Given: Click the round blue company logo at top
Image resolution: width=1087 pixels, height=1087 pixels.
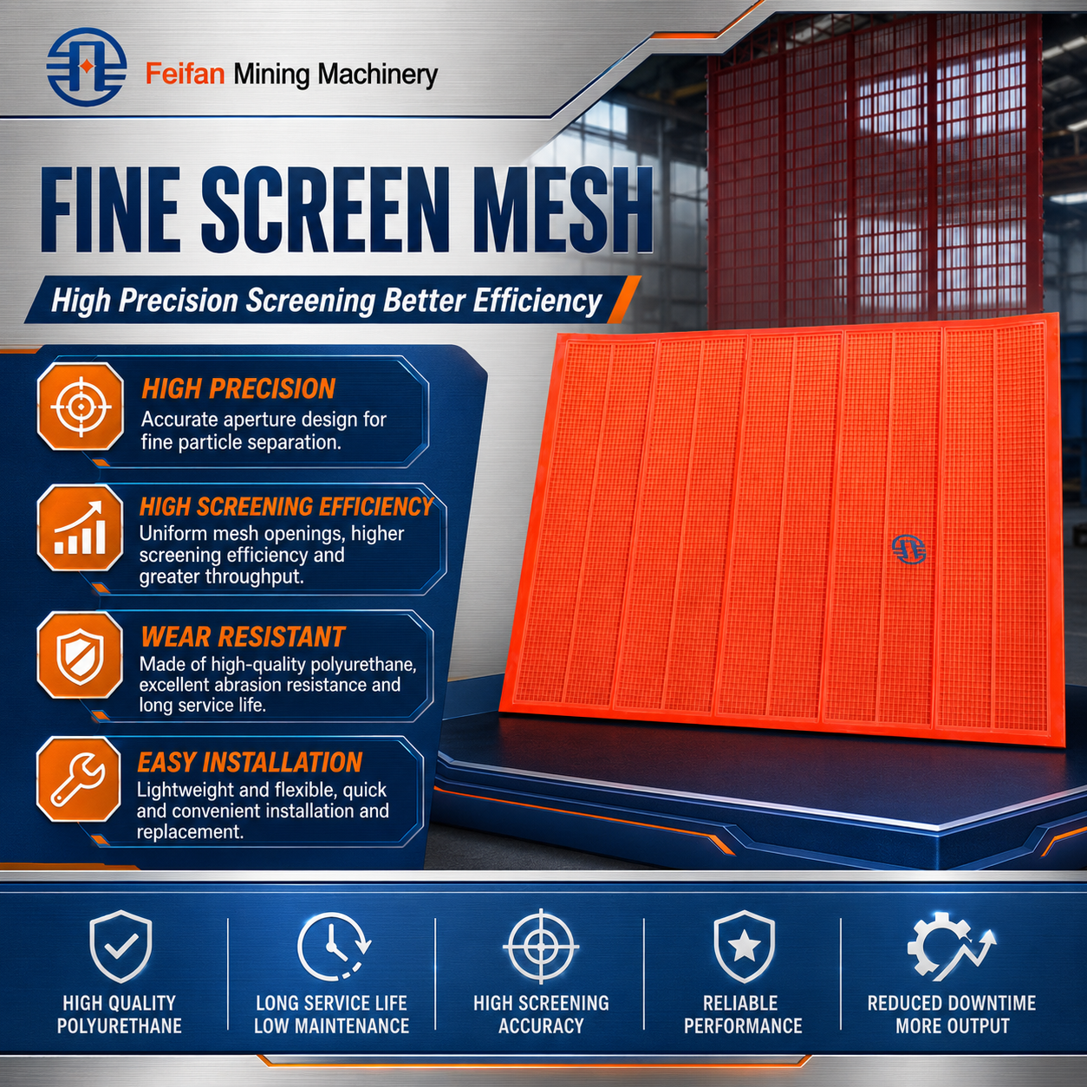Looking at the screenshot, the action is [87, 67].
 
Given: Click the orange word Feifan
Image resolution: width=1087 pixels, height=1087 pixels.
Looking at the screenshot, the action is [185, 74].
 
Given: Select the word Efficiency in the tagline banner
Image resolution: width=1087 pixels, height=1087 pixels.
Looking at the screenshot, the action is [537, 301].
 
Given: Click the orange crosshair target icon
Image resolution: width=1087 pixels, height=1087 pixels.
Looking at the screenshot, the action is [81, 407].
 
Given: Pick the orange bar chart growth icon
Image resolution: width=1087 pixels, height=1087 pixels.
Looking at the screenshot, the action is [80, 528].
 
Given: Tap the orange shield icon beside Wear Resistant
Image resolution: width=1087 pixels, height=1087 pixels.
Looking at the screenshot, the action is [80, 655].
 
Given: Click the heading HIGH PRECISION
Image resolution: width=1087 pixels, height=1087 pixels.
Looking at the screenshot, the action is [238, 388].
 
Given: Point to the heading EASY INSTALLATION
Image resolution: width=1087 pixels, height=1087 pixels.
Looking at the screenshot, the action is [250, 762].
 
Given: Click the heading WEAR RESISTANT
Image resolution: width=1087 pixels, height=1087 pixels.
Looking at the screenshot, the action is [243, 637].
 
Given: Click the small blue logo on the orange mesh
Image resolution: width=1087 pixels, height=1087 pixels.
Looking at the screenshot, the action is [908, 549].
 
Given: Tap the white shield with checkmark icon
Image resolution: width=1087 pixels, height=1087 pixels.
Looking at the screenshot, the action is [120, 946].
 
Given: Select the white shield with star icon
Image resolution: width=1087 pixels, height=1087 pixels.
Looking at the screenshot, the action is [744, 946].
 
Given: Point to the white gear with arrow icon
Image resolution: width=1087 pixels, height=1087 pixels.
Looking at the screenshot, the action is [951, 947].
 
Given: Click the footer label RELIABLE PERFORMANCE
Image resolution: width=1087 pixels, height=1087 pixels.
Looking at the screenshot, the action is [743, 1013].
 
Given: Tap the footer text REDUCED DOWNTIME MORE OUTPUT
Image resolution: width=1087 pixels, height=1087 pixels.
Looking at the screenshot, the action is [952, 1013].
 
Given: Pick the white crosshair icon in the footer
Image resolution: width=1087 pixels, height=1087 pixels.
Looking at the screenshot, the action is [541, 946].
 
